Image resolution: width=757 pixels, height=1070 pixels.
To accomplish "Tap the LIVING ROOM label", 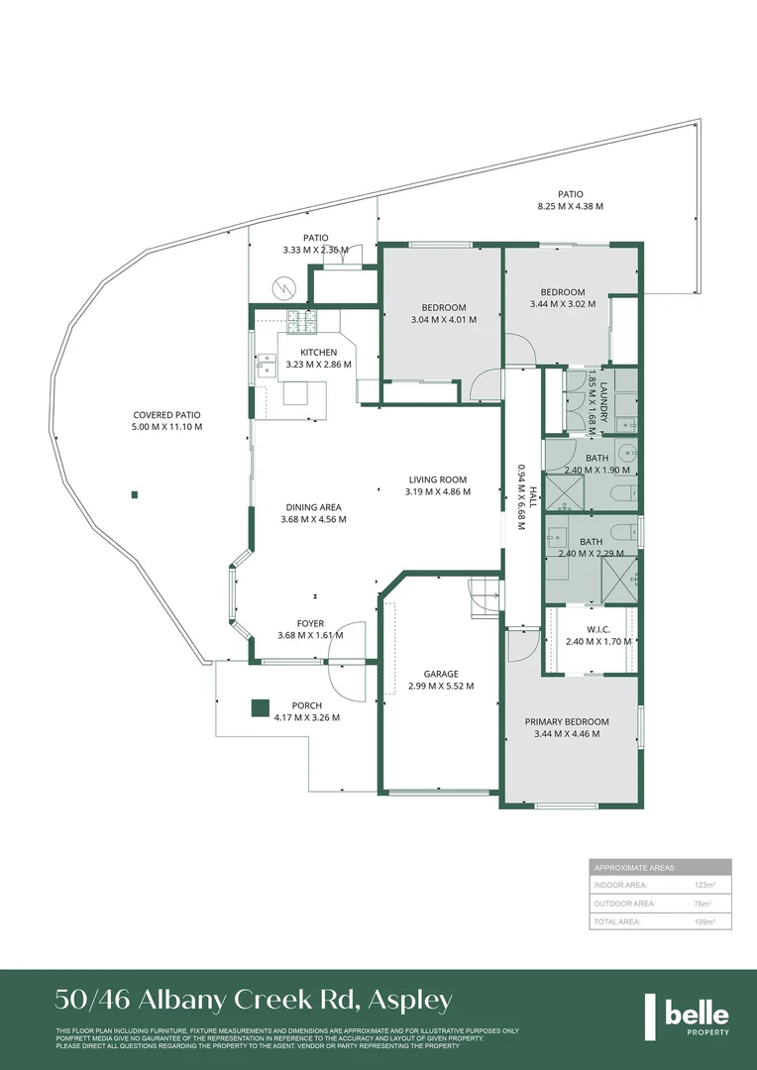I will tap(438, 480).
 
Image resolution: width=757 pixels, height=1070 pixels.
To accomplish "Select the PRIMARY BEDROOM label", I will tap(567, 721).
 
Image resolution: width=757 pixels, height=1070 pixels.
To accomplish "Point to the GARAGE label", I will tap(440, 674).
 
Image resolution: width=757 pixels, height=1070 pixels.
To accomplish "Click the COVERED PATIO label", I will tap(167, 415).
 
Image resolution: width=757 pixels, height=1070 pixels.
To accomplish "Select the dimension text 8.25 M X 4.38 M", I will tap(570, 206).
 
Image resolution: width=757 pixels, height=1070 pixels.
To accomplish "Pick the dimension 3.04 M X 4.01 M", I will tap(443, 320).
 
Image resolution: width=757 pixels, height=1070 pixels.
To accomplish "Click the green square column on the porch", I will tap(260, 707).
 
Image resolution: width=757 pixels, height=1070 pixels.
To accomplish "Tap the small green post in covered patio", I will tap(135, 494).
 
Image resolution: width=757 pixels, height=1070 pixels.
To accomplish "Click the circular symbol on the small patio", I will tap(284, 288).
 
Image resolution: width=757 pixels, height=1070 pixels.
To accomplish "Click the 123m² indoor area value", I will tap(703, 884).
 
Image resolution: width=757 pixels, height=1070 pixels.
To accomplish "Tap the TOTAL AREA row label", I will tap(617, 921).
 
